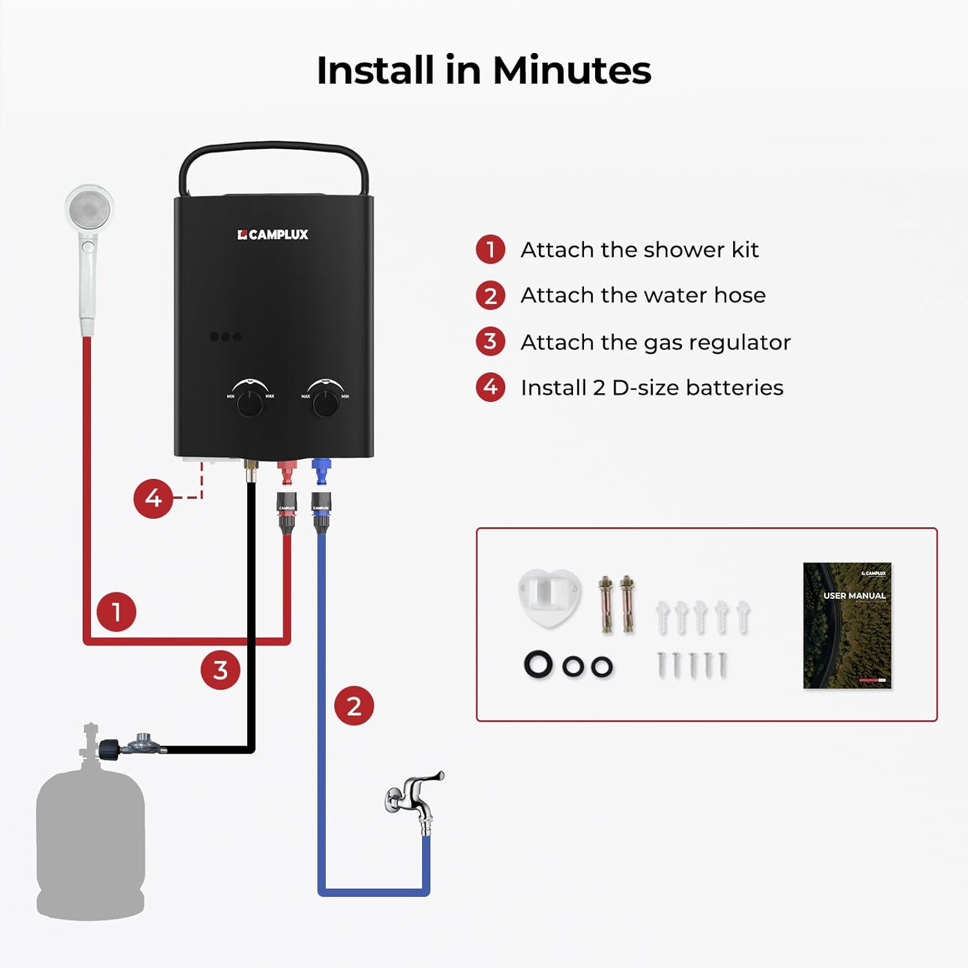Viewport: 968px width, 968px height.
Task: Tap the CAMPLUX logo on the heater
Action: coord(273,235)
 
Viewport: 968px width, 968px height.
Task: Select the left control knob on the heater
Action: coord(250,403)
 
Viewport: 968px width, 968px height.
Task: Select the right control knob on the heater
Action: coord(325,403)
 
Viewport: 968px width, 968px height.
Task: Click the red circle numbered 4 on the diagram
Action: coord(153,498)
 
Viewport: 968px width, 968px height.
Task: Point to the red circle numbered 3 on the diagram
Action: coord(220,670)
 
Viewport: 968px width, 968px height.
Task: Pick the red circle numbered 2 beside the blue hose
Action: coord(354,705)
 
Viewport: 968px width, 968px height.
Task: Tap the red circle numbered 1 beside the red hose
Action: coord(116,611)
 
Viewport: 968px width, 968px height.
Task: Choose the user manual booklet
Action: coord(847,625)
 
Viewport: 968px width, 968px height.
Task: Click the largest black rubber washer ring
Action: coord(538,665)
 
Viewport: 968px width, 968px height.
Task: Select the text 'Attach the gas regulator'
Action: coord(655,342)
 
